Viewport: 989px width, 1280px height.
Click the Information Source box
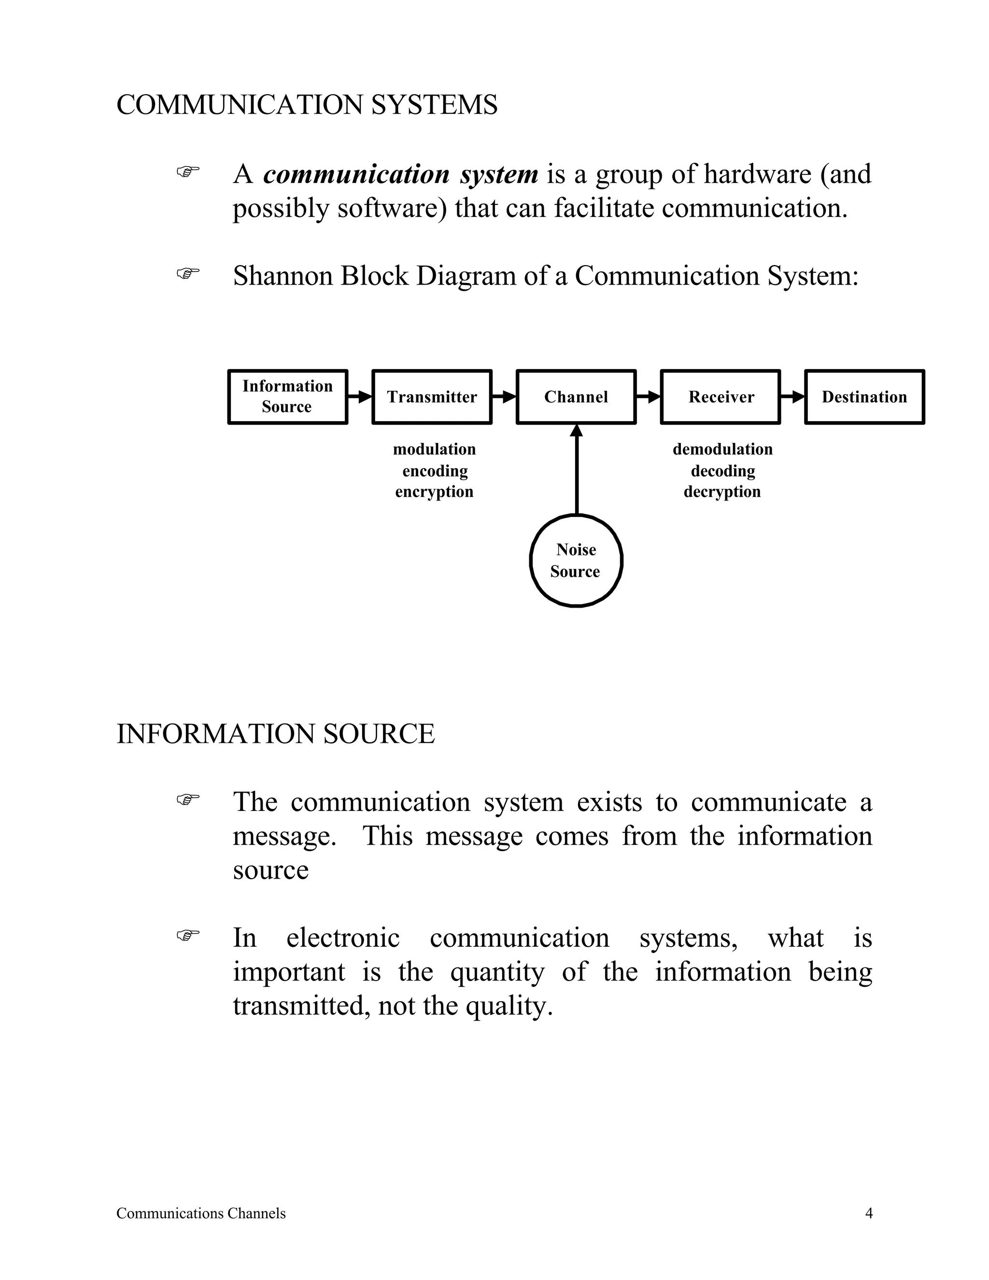click(287, 397)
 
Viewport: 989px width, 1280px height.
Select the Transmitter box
click(432, 397)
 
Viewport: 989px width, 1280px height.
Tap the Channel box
click(576, 397)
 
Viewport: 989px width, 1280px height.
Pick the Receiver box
click(720, 397)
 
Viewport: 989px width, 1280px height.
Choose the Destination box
click(864, 397)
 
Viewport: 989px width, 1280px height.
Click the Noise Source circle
click(576, 561)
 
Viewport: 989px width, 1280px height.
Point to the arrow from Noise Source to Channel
click(577, 469)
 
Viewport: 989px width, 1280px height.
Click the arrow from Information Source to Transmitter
click(360, 397)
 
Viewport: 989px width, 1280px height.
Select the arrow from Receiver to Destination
click(793, 397)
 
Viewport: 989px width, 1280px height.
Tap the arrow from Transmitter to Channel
click(504, 397)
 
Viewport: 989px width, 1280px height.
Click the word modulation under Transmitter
click(434, 450)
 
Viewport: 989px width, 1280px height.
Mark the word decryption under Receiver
click(722, 492)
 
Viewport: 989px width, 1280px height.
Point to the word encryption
click(434, 492)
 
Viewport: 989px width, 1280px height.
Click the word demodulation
click(722, 450)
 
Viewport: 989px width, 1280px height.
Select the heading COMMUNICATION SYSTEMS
click(307, 105)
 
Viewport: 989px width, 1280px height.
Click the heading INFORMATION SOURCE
click(275, 734)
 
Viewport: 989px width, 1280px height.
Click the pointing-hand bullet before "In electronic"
click(188, 936)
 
